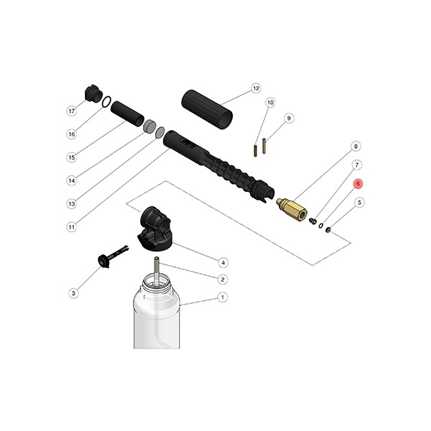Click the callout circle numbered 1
[223, 297]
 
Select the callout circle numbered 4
[223, 262]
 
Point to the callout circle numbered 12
[255, 89]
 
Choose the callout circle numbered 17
[71, 111]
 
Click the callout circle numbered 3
[73, 292]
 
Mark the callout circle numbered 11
[71, 227]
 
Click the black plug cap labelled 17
[93, 94]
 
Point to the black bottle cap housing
[156, 228]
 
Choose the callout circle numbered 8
[355, 147]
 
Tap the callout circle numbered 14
[71, 180]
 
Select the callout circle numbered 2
[223, 279]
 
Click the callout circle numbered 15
[71, 157]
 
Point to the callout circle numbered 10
[270, 103]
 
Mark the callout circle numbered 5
[358, 203]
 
